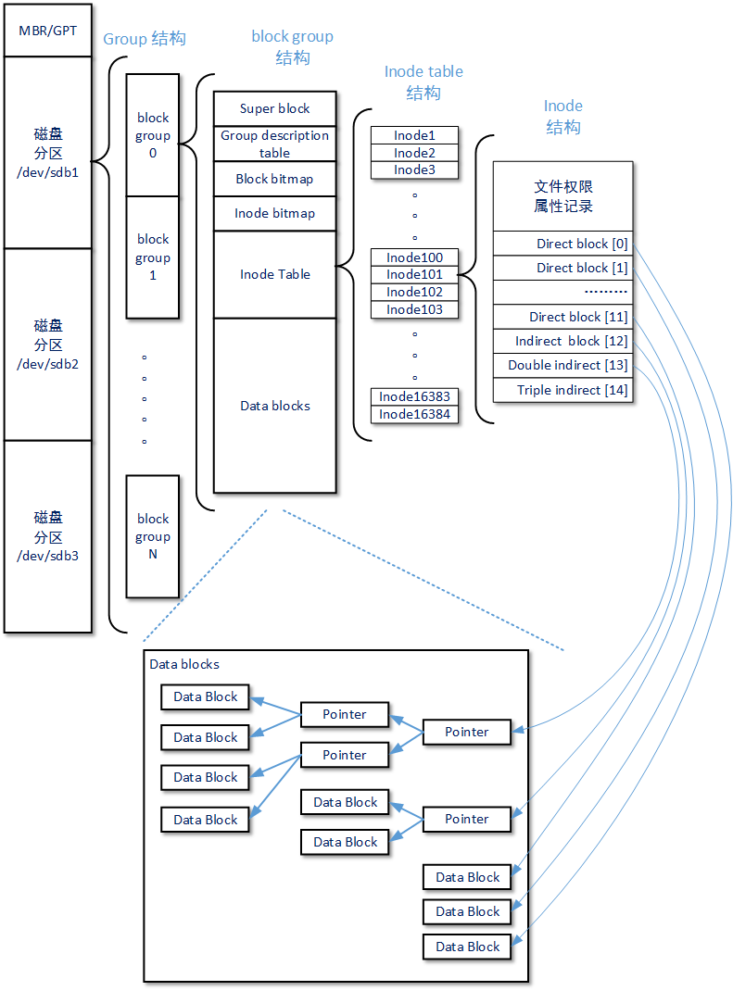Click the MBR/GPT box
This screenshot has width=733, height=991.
click(47, 31)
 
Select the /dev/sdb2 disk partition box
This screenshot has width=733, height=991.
click(47, 345)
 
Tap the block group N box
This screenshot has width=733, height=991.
click(153, 536)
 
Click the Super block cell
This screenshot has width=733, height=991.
click(274, 108)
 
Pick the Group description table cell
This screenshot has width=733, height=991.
click(274, 144)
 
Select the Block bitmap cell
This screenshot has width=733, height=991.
click(274, 179)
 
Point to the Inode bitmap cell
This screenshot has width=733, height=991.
click(274, 213)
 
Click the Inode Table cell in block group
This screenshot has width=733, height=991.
click(274, 274)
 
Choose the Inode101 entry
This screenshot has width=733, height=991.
click(414, 274)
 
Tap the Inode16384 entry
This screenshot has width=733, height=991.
click(414, 414)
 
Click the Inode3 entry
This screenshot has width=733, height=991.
click(414, 169)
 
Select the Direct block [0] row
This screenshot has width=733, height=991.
click(563, 244)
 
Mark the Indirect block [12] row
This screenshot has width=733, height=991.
click(563, 341)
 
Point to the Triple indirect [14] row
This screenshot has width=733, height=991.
click(563, 390)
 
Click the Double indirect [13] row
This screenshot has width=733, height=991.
click(563, 365)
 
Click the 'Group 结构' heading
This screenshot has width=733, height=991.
click(144, 39)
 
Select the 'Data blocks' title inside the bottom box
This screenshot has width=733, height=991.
click(184, 664)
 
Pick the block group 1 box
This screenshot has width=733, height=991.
click(153, 257)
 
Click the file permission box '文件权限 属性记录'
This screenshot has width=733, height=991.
click(563, 196)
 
